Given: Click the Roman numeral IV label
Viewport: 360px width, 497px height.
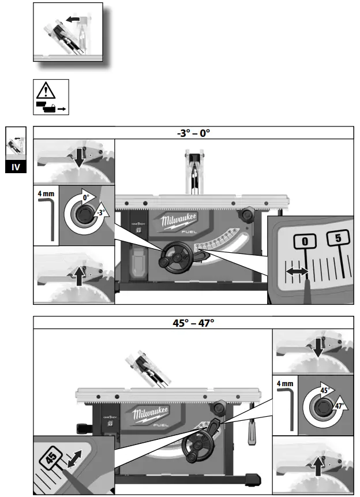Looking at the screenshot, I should tap(16, 167).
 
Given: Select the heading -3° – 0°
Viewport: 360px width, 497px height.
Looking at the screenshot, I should tap(193, 132).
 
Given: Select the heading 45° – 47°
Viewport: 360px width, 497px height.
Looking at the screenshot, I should tap(193, 322).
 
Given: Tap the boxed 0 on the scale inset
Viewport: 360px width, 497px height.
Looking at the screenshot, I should tap(305, 240).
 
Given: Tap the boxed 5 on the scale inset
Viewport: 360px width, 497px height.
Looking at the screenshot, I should tap(339, 237).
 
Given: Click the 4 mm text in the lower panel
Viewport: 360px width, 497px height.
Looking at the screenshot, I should tap(284, 383).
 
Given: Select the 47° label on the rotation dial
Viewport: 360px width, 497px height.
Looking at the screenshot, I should tap(339, 406).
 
